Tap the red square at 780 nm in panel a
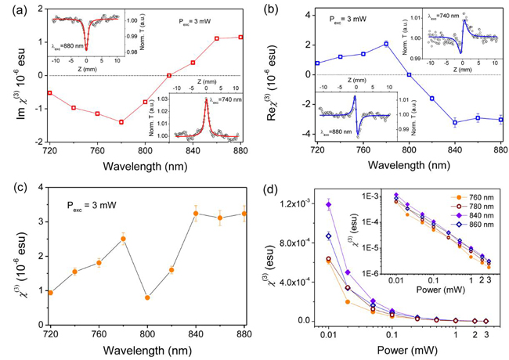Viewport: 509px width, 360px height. (x=121, y=122)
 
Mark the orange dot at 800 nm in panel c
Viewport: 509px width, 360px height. (x=147, y=297)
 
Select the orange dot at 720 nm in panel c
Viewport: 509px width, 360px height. (x=51, y=293)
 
